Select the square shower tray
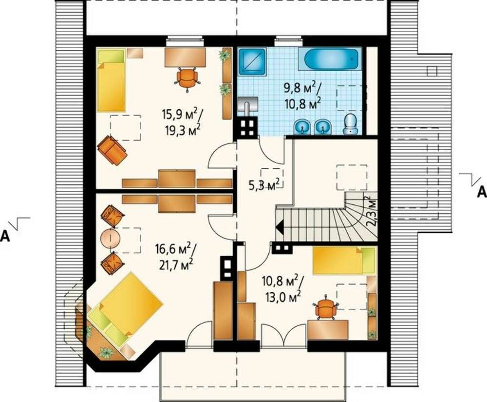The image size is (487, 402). coord(252,61)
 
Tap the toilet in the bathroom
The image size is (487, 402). coord(351,124)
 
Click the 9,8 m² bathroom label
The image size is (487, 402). coord(301,88)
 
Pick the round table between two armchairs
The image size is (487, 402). coord(110,238)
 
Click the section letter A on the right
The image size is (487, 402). coord(482,192)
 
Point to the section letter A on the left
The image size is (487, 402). coord(5,237)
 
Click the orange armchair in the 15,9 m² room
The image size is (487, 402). coord(112,150)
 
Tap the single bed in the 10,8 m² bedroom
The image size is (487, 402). coord(344,261)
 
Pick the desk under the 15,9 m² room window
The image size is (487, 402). coord(185,57)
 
